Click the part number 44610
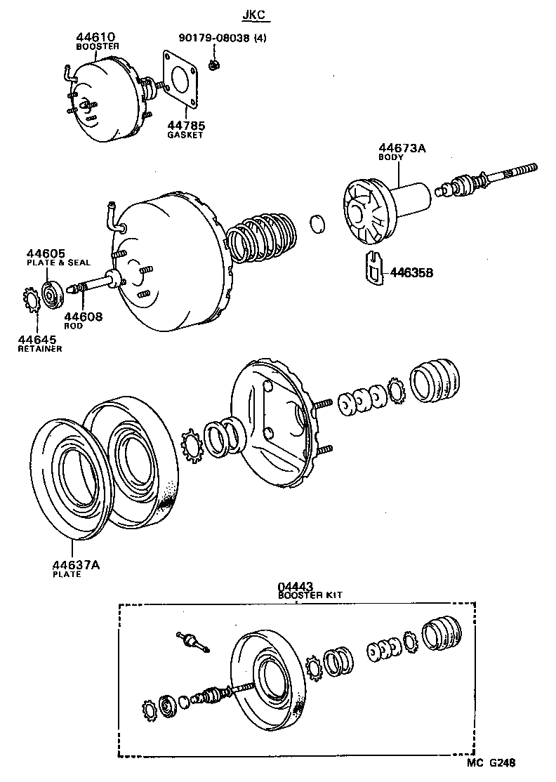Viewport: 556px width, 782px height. [95, 37]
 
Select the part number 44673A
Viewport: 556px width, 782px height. [402, 148]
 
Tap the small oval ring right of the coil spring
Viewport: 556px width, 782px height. [318, 224]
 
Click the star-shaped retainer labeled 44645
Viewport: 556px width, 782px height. [32, 300]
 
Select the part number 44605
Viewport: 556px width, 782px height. [46, 253]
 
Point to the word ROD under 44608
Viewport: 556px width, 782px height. [73, 326]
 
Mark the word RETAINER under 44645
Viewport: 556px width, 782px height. [40, 348]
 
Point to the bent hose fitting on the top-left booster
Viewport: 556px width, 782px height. [67, 71]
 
